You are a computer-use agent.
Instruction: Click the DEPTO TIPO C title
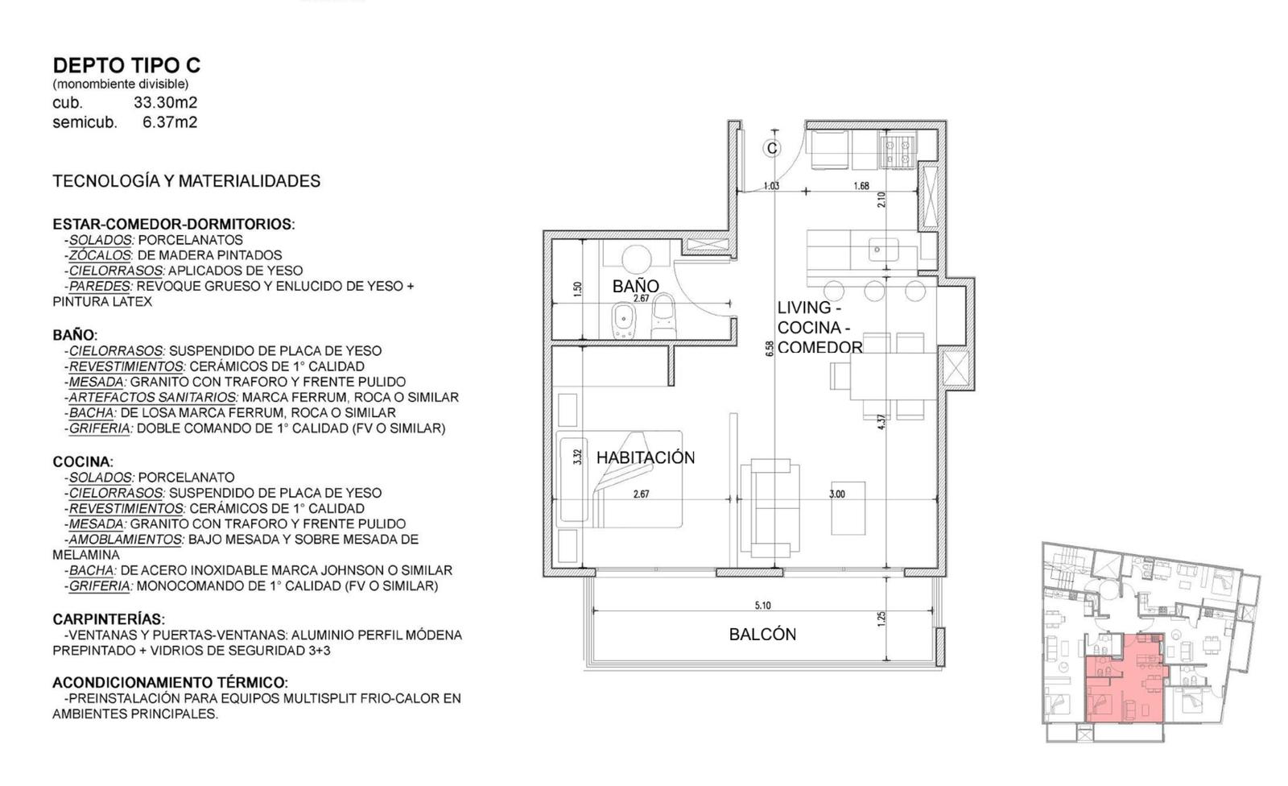click(x=126, y=65)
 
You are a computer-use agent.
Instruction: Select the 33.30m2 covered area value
click(x=166, y=102)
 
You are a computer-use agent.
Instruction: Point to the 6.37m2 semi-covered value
click(x=170, y=122)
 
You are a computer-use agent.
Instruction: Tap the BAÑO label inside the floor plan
click(x=635, y=286)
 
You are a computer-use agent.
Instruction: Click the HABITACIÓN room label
click(x=646, y=457)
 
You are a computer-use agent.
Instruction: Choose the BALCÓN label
click(x=762, y=634)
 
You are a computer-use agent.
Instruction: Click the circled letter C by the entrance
click(x=772, y=148)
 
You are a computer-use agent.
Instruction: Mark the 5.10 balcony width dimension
click(x=762, y=606)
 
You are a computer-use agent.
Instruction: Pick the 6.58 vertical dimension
click(x=770, y=349)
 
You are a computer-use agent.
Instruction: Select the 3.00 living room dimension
click(x=837, y=494)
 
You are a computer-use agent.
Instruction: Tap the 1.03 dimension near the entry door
click(x=771, y=185)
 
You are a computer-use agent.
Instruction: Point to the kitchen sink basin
click(x=883, y=250)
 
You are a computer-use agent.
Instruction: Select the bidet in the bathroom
click(x=623, y=320)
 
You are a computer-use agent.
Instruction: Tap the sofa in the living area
click(x=770, y=507)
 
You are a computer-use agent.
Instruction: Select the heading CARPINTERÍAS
click(x=109, y=619)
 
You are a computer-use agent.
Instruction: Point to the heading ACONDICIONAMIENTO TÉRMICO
click(x=170, y=682)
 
